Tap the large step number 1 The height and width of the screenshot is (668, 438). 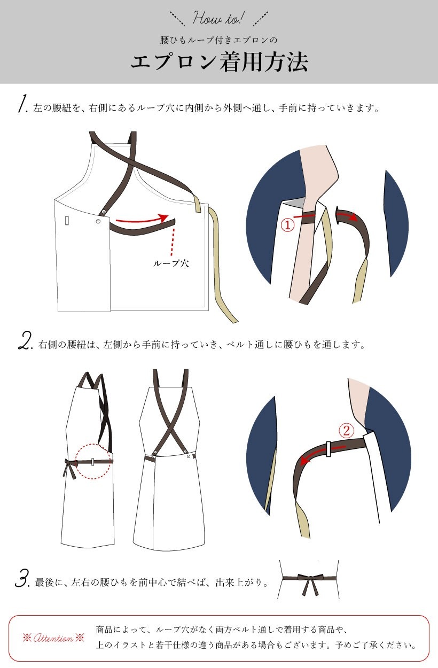(x=22, y=104)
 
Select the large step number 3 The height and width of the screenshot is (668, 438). (x=22, y=578)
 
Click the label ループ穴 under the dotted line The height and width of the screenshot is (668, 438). (x=171, y=263)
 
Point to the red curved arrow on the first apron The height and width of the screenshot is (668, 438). (x=142, y=220)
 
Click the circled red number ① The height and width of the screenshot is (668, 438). (x=288, y=225)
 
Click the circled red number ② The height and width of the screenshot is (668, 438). (x=346, y=431)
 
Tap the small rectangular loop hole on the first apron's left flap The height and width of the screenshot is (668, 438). (x=67, y=220)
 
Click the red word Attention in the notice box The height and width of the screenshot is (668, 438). (x=53, y=638)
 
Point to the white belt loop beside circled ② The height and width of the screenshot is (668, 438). (x=328, y=448)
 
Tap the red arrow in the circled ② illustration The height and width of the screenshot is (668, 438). (x=322, y=454)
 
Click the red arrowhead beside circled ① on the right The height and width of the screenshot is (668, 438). (x=353, y=217)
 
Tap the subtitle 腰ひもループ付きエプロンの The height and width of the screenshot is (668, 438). (x=219, y=40)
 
